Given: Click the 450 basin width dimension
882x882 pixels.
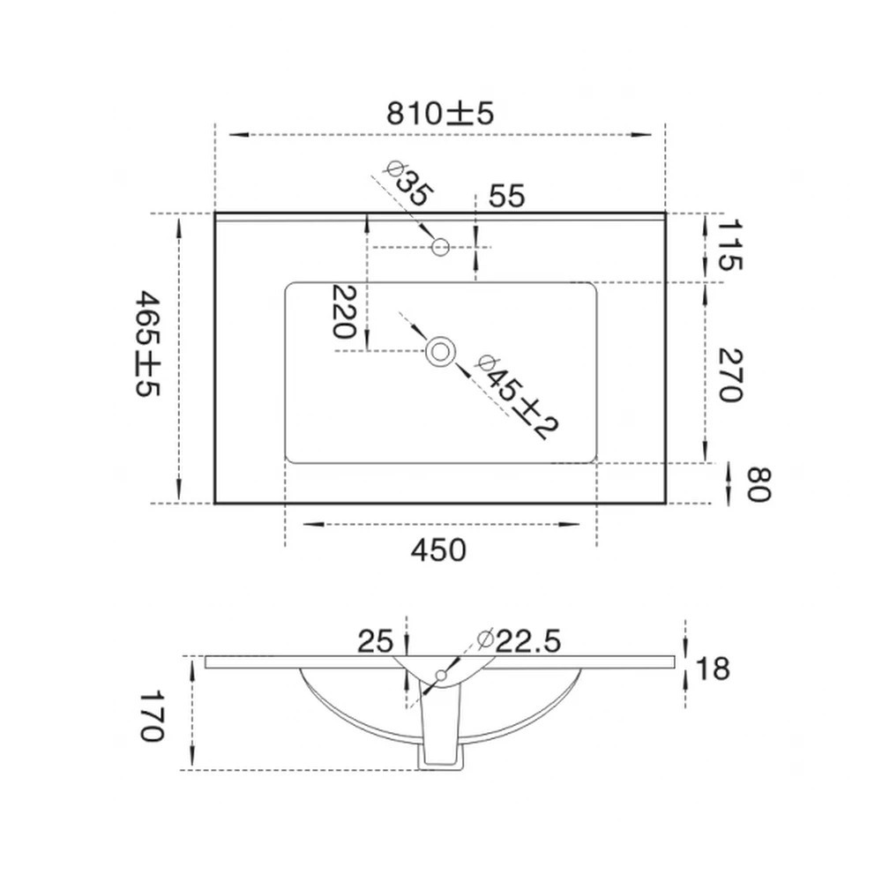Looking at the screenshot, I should [437, 550].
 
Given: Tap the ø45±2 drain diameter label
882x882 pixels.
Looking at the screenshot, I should [517, 397].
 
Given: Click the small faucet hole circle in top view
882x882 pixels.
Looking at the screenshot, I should [441, 247].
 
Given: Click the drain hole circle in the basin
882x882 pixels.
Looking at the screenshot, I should [440, 351].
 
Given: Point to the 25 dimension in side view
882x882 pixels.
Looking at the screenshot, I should [375, 641].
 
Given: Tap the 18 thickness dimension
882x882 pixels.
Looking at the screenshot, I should [714, 669].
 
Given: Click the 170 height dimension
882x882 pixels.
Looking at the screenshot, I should [151, 715].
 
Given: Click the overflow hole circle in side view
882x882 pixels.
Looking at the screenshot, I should [440, 676].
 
